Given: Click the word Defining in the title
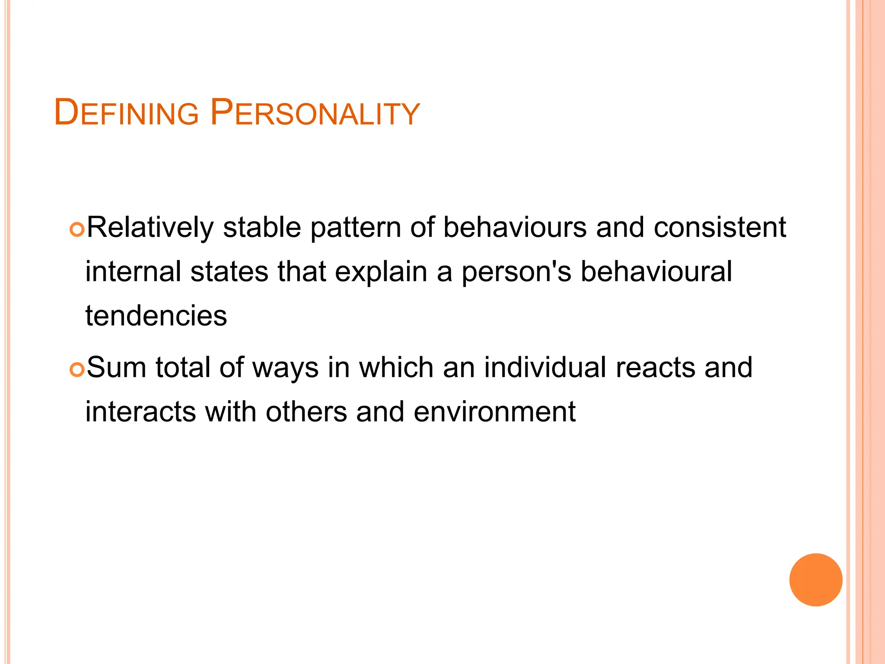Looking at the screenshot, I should (126, 113).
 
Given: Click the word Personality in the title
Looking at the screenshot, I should (315, 113).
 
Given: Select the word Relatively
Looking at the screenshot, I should (150, 228).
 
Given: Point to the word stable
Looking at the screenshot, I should (261, 228).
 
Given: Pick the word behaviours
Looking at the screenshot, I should (515, 228).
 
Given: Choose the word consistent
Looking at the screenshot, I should (719, 228).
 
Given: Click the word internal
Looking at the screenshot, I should (133, 272).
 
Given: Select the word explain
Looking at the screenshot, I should (381, 273).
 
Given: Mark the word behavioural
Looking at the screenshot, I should (656, 272).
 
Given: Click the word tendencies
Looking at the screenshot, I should (156, 316).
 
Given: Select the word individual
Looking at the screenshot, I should (545, 368).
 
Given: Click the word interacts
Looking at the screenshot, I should (140, 412).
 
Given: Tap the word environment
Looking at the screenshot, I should (494, 412).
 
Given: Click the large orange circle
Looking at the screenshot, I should (815, 580).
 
